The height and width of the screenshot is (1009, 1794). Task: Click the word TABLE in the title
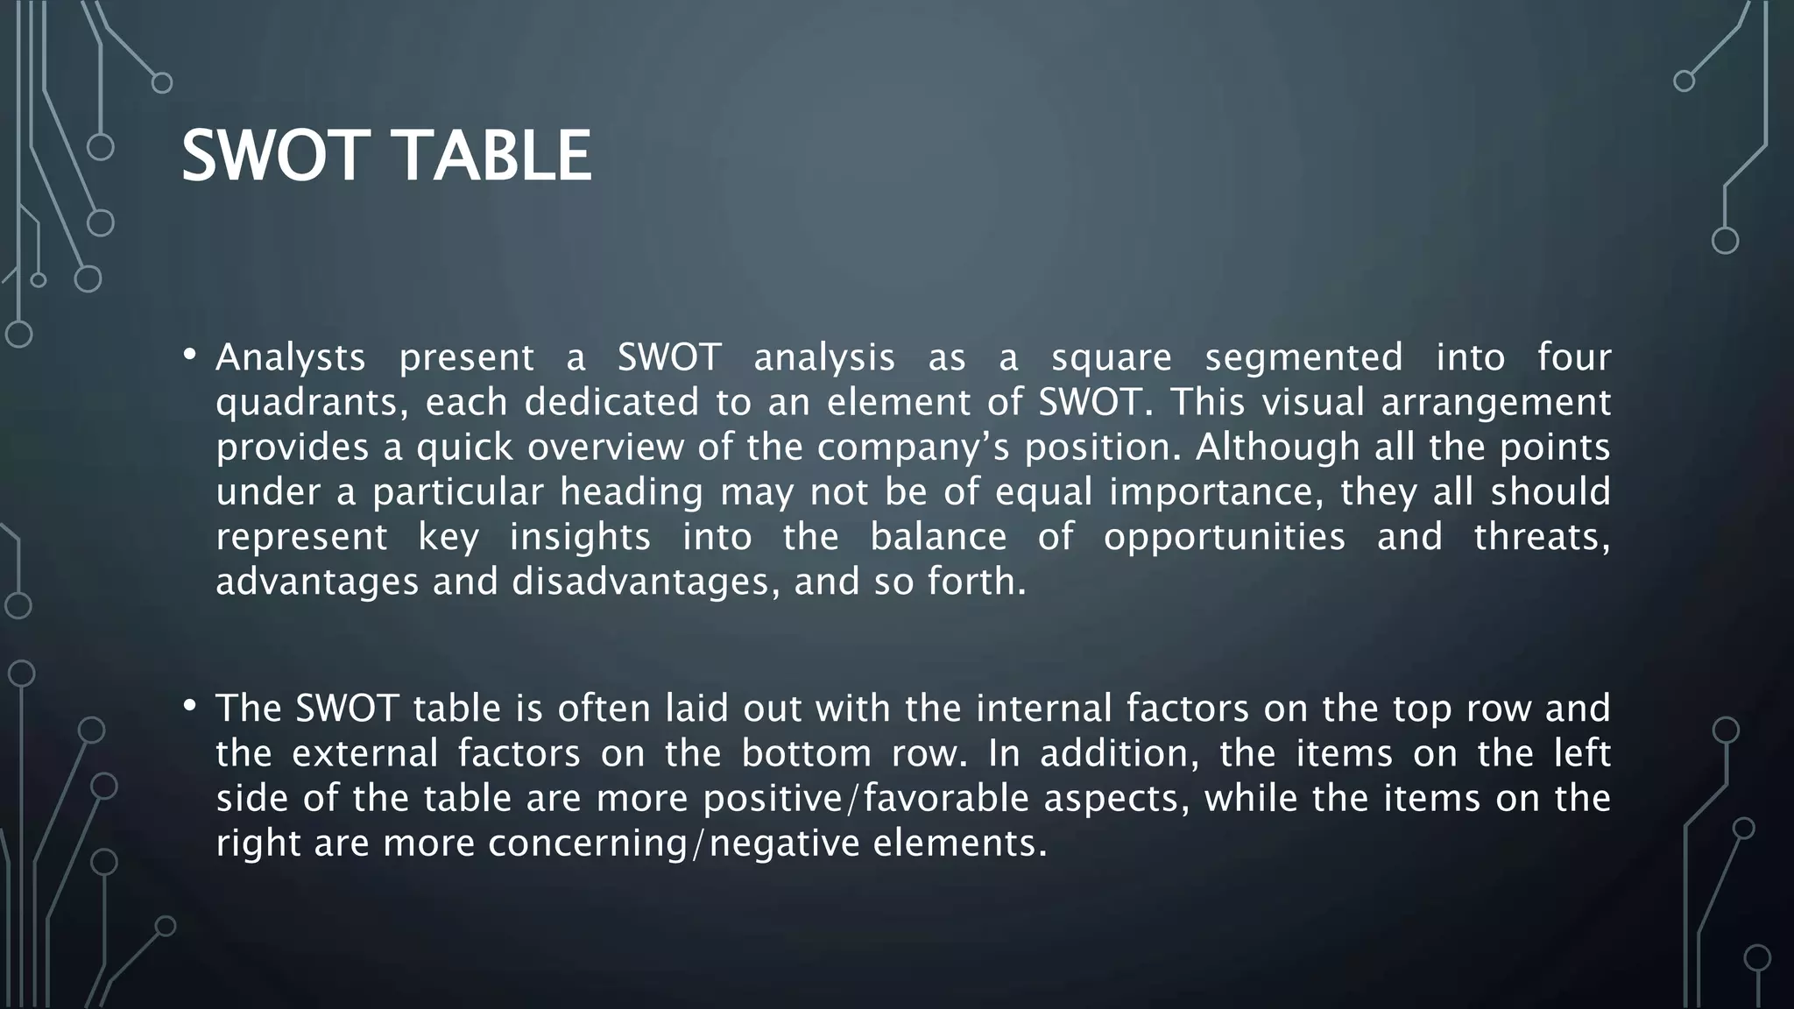click(x=495, y=156)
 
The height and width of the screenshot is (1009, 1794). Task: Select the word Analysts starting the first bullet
click(x=291, y=358)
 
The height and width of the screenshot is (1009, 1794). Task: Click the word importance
click(x=1217, y=492)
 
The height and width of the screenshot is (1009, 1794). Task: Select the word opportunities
click(x=1224, y=538)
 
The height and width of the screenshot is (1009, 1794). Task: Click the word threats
click(x=1541, y=538)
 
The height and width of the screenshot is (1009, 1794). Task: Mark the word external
click(x=364, y=754)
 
